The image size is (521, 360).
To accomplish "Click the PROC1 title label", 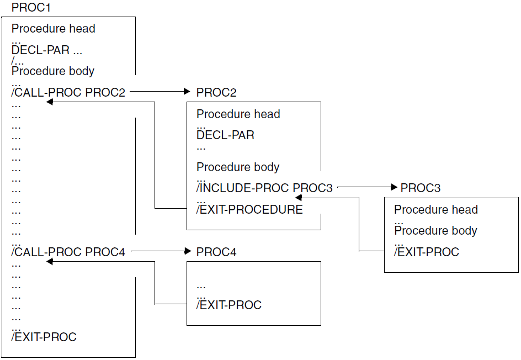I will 31,8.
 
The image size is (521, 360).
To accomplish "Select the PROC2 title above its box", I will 216,92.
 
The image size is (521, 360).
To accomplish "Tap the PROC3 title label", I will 421,188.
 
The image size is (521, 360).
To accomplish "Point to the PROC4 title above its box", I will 216,252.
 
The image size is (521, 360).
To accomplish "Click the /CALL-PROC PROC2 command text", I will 68,92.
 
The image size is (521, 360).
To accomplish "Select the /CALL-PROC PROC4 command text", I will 68,252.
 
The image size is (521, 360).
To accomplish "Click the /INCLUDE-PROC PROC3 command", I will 265,188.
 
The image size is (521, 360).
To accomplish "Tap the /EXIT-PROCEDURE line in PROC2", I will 249,209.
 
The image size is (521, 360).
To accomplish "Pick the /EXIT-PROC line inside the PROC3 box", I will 427,252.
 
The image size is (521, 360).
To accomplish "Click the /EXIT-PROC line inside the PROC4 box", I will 229,305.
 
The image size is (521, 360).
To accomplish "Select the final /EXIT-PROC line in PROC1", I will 44,337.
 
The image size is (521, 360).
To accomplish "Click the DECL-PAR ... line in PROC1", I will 47,50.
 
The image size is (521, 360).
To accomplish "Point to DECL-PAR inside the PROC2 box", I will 225,135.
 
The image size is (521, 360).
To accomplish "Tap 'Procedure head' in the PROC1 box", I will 53,29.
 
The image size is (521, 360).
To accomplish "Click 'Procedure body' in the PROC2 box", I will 238,167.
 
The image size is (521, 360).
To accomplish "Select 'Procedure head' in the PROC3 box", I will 436,210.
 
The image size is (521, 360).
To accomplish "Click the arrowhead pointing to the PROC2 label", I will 186,92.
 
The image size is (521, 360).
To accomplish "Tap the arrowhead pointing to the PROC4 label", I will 186,252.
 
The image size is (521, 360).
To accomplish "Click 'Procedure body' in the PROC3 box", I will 436,230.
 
